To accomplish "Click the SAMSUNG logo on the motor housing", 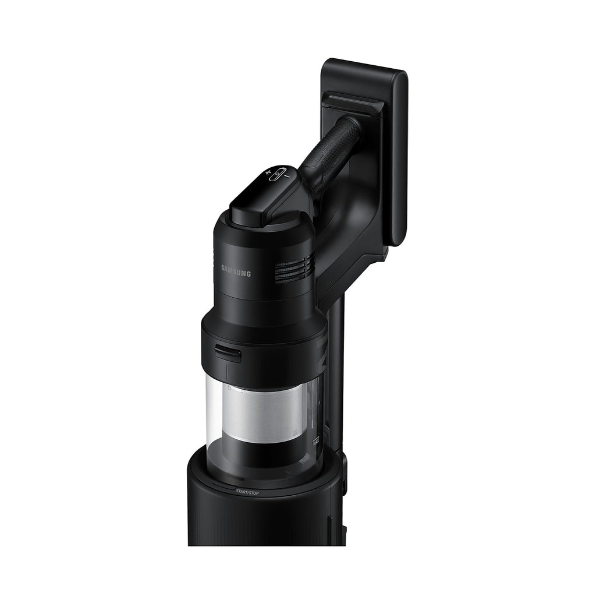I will click(236, 270).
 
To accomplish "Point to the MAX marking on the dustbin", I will click(317, 441).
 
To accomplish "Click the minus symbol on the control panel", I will click(288, 169).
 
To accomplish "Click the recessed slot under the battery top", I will click(352, 105).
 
